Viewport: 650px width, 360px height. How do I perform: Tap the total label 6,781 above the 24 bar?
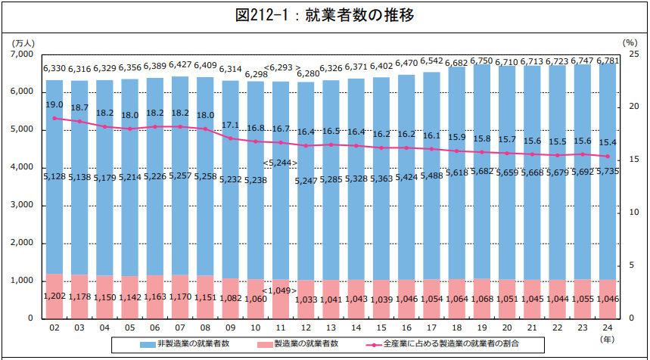pos(610,61)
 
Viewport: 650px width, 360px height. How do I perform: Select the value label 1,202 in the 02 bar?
pos(54,296)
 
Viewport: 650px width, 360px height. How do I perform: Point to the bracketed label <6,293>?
pos(282,68)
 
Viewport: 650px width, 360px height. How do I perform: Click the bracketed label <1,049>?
pos(280,290)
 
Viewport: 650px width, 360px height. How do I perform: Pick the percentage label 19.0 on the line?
pos(54,105)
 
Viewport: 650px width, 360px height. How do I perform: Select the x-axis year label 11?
pos(281,328)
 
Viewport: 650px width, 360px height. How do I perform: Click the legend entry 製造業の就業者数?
pos(314,344)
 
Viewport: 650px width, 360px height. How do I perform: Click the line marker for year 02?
pos(54,118)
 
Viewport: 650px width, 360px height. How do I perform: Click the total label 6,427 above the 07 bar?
pos(180,65)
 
